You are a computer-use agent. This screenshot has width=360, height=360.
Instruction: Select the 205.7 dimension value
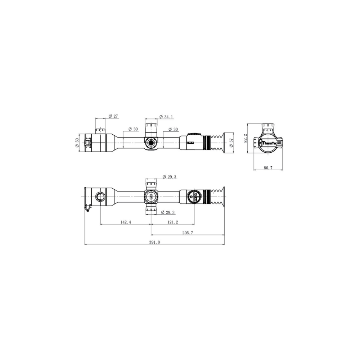pyautogui.click(x=188, y=233)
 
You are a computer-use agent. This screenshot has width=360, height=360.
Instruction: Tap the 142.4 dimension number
pyautogui.click(x=126, y=222)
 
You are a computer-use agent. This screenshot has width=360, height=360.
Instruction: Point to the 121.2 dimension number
pyautogui.click(x=173, y=222)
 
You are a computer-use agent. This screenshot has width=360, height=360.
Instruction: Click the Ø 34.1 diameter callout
pyautogui.click(x=166, y=117)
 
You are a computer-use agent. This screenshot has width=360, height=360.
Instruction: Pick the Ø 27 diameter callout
pyautogui.click(x=113, y=116)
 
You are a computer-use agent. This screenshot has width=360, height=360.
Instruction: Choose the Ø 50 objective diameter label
pyautogui.click(x=77, y=143)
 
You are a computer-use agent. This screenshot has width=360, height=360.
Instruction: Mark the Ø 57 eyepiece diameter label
pyautogui.click(x=231, y=143)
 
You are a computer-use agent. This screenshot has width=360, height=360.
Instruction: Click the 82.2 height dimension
pyautogui.click(x=245, y=139)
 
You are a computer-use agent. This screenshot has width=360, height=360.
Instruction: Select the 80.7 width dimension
pyautogui.click(x=268, y=168)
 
